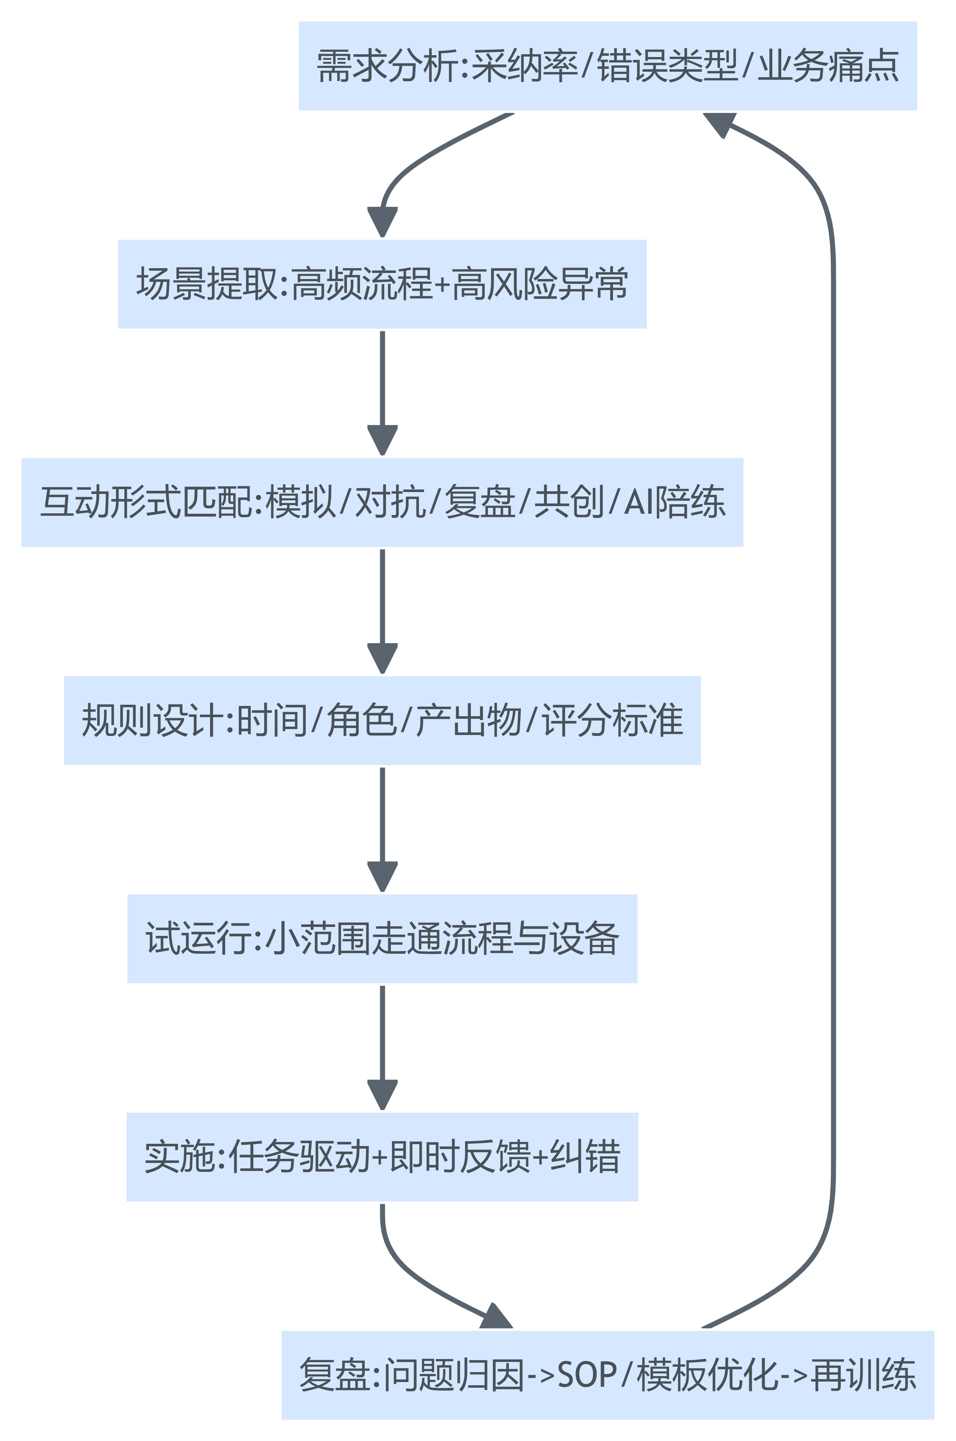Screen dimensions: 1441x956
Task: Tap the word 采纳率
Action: pos(524,66)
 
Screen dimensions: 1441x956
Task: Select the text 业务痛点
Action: pos(828,66)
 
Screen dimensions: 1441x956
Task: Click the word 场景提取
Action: pos(207,284)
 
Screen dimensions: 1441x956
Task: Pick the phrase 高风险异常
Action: pos(540,284)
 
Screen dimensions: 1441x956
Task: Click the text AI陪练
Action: pos(674,502)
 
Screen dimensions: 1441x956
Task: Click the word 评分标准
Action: pos(613,721)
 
